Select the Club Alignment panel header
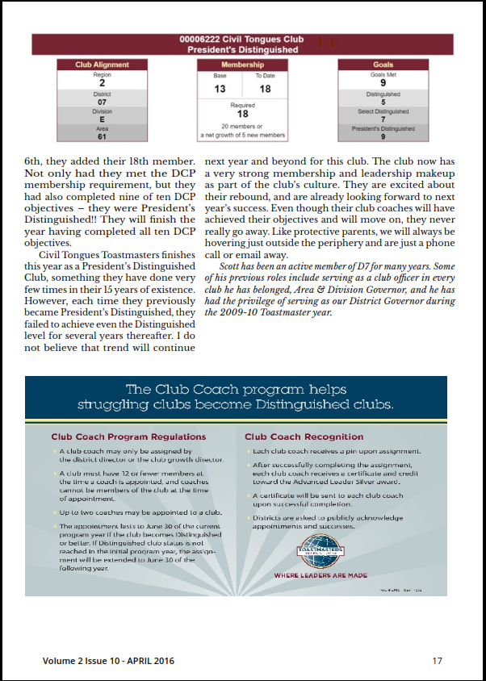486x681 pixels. click(102, 65)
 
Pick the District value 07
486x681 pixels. click(102, 102)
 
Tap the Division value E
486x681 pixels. click(102, 119)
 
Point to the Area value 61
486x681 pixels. click(102, 136)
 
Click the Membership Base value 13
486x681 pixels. click(220, 89)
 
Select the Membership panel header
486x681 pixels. click(242, 65)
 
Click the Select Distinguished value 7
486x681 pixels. click(383, 119)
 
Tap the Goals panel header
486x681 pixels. click(383, 65)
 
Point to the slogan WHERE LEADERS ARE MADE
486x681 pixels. click(321, 576)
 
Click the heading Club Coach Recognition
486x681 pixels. click(304, 437)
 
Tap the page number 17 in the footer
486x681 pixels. click(437, 661)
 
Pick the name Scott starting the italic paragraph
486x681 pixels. click(231, 267)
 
